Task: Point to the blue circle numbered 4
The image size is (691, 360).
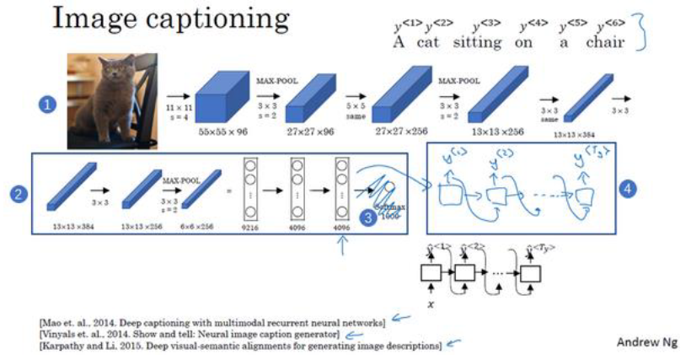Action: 627,189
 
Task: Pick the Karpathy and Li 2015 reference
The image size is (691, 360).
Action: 239,346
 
